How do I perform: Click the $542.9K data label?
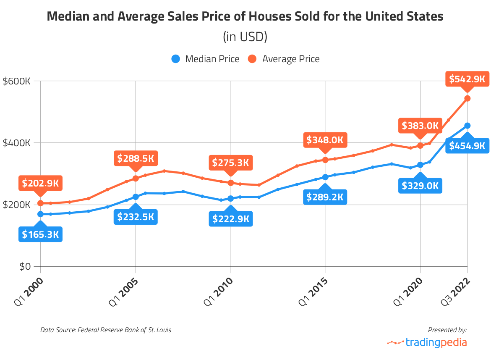click(467, 79)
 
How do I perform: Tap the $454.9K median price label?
click(467, 146)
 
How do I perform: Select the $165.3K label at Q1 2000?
click(40, 234)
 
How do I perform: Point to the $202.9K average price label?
click(40, 183)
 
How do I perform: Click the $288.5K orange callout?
click(135, 158)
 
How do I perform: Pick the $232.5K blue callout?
click(135, 217)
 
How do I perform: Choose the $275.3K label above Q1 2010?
click(230, 163)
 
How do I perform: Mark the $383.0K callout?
click(420, 125)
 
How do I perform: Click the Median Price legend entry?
click(206, 59)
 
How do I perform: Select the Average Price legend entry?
click(284, 59)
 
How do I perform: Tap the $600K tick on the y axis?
click(16, 81)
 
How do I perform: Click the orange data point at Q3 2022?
click(467, 98)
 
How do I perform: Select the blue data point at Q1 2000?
click(40, 214)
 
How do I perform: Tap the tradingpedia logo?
click(427, 342)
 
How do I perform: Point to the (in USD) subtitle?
click(245, 37)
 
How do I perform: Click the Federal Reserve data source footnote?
click(106, 330)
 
